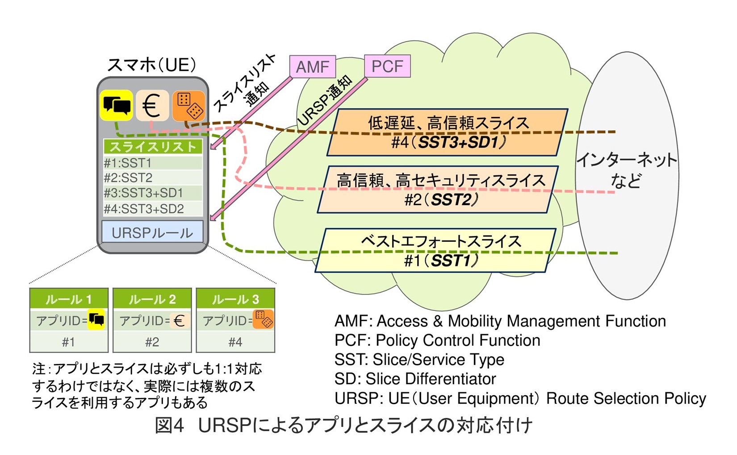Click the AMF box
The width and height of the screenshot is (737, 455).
pos(312,67)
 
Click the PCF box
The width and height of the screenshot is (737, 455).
pos(387,66)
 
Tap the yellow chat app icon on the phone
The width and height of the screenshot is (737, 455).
pos(116,105)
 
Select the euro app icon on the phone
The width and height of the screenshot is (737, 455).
pos(152,106)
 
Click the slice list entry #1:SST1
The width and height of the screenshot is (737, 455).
pos(152,163)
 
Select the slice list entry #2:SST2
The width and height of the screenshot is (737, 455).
pos(152,178)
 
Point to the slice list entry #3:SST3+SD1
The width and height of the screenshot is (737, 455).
pos(152,193)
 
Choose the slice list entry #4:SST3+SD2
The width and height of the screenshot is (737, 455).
pos(152,209)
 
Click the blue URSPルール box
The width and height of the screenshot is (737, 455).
pos(152,232)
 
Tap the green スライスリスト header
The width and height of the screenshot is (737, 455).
pos(152,147)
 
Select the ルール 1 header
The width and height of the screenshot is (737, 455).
pos(69,299)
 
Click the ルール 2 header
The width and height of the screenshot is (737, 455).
pos(152,299)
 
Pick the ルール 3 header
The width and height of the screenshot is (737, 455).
pos(235,299)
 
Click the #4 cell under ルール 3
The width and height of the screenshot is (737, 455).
pos(235,342)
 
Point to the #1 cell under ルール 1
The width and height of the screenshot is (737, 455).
pos(69,342)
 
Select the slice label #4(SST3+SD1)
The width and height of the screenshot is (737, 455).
pos(448,143)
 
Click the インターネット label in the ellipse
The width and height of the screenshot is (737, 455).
pos(627,160)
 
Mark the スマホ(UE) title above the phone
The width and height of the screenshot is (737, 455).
pos(152,65)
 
